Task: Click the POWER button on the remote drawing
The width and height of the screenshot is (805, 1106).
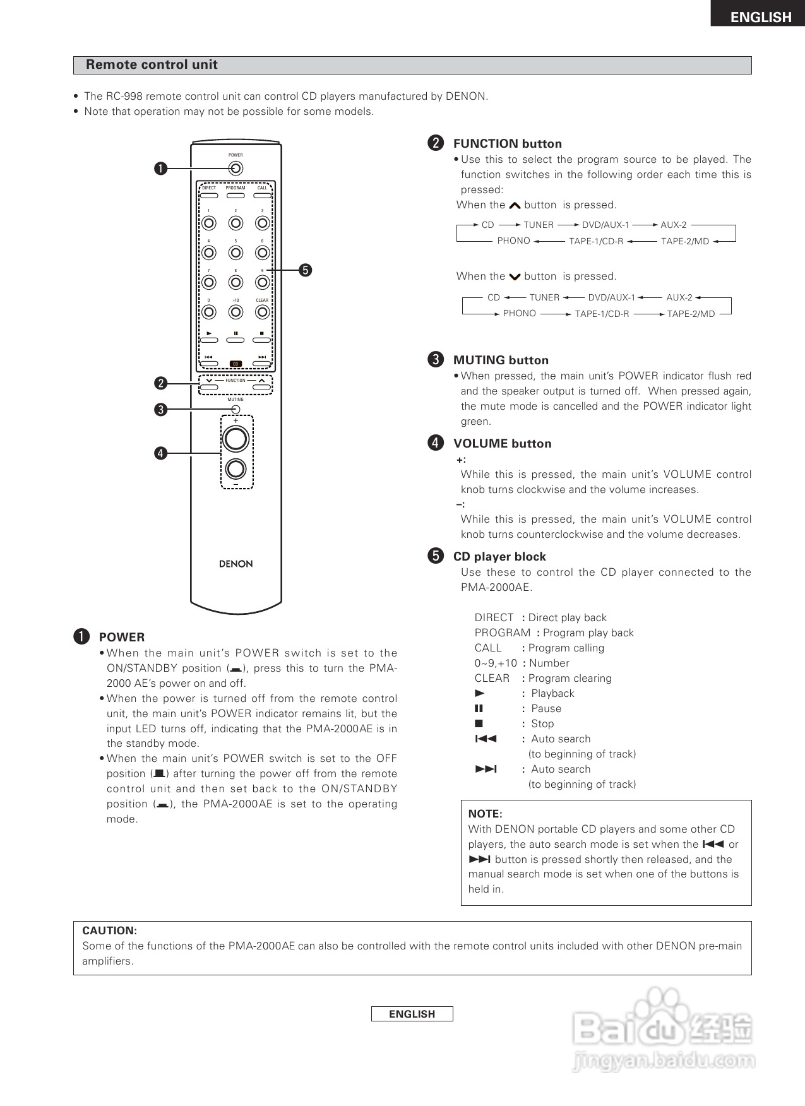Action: point(236,169)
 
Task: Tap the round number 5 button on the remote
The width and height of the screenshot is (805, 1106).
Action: point(236,253)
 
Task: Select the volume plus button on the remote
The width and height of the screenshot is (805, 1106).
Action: point(236,439)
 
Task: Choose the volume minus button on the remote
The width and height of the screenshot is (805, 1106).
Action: point(236,468)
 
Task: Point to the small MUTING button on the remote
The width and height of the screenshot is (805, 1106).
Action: point(236,409)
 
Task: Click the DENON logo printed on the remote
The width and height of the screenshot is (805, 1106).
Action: point(236,564)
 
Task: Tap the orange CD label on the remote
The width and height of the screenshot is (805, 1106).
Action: point(236,364)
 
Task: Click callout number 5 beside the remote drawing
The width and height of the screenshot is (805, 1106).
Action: point(305,270)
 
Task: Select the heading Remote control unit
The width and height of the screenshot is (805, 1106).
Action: point(152,65)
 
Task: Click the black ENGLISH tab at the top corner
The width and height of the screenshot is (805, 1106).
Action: point(760,17)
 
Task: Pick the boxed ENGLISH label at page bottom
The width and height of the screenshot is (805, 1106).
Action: point(412,1014)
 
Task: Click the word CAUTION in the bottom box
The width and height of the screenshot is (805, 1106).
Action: point(109,931)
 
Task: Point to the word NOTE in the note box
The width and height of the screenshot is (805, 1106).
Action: point(485,814)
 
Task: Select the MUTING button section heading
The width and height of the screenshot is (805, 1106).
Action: point(501,360)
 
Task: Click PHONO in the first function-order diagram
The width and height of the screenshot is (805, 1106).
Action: point(513,241)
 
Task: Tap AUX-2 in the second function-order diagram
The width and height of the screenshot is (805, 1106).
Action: point(679,297)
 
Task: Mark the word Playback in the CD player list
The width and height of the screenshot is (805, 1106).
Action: point(552,693)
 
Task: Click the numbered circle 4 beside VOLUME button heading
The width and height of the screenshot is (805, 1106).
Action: point(436,443)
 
